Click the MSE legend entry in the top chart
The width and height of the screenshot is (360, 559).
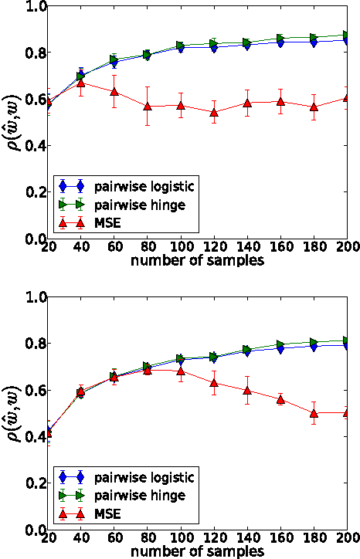coord(104,223)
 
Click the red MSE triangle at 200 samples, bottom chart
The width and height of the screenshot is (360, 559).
coord(347,413)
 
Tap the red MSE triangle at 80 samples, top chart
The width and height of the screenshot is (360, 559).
coord(148,106)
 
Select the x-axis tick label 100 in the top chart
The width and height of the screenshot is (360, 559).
coord(181,249)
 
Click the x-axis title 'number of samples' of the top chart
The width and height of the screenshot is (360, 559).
coord(197,261)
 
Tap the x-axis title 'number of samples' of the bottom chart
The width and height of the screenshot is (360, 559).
coord(197,551)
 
